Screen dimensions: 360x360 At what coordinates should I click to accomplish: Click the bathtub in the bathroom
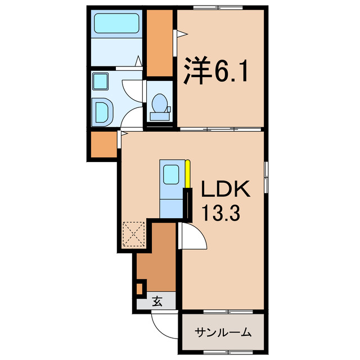pyautogui.click(x=117, y=25)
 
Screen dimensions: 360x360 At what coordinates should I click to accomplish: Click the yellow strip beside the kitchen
pyautogui.click(x=188, y=175)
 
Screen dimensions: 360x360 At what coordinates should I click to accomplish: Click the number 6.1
pyautogui.click(x=229, y=71)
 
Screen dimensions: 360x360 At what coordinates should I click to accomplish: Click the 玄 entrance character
pyautogui.click(x=157, y=301)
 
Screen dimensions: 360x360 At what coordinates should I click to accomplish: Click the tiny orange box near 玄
pyautogui.click(x=139, y=289)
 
